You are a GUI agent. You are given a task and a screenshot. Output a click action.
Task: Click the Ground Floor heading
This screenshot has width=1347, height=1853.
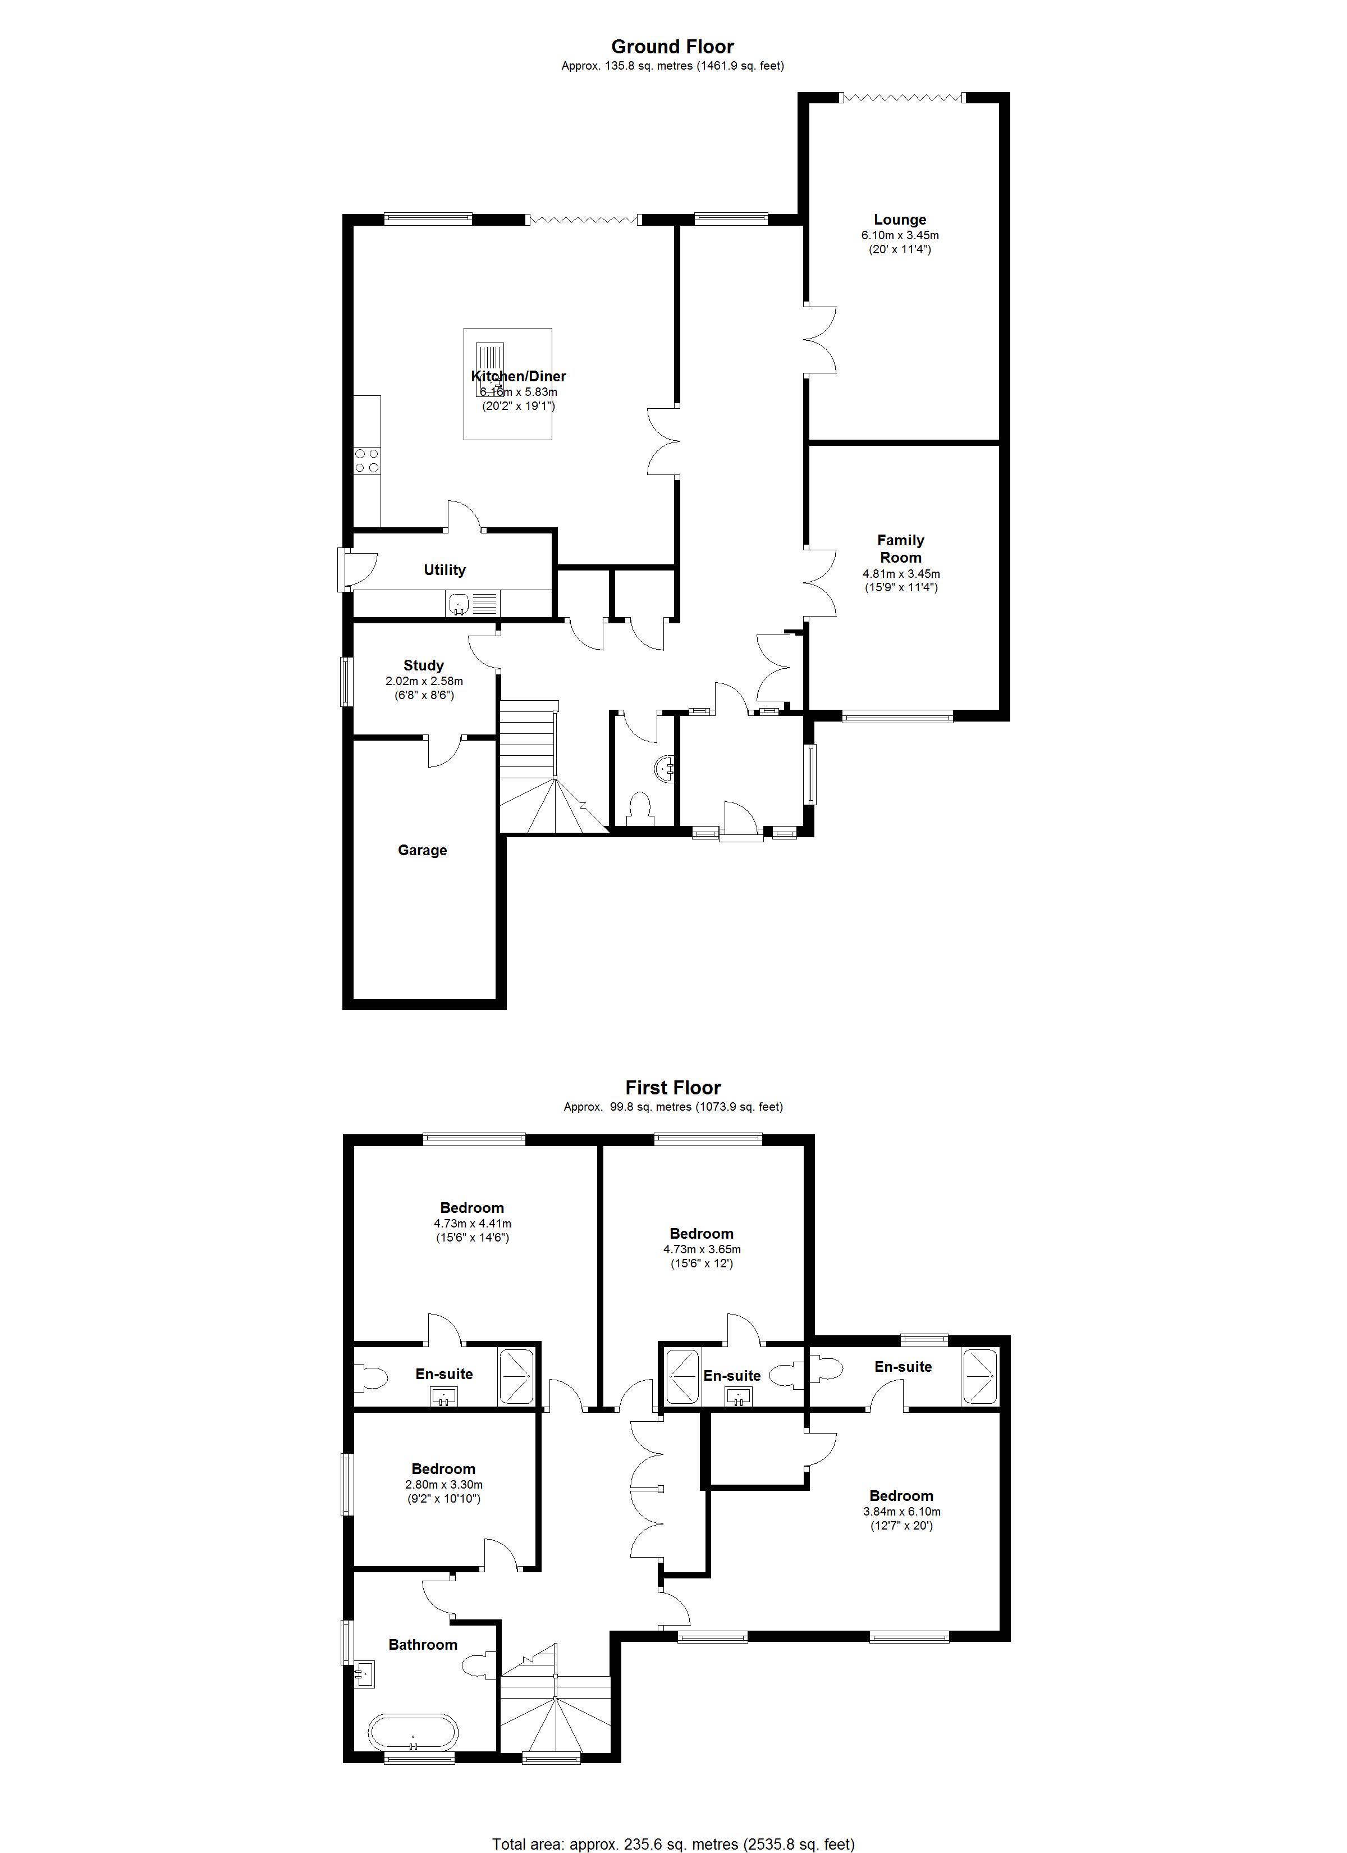(672, 47)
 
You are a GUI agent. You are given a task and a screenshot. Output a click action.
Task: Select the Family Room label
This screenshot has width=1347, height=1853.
(900, 548)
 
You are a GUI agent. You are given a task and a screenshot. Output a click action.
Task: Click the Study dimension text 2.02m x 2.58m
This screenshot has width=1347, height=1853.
(424, 681)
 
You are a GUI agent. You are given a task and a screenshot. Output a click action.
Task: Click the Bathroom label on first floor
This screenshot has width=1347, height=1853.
(422, 1645)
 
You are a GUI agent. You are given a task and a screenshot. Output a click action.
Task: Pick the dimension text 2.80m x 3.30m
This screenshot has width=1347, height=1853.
(443, 1485)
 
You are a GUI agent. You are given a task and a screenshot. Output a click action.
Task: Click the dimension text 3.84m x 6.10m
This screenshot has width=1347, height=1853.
(901, 1512)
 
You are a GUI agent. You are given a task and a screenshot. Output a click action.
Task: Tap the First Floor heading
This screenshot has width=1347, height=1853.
(673, 1088)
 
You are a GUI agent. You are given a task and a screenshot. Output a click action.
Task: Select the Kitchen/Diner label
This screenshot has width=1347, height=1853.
(519, 376)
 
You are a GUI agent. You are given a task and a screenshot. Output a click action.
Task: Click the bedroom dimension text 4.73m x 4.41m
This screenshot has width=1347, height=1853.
(472, 1223)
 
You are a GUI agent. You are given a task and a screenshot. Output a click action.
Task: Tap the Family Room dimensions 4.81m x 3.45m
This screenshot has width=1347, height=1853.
(900, 573)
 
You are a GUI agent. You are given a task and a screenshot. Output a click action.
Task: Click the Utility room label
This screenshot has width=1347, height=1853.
(445, 569)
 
